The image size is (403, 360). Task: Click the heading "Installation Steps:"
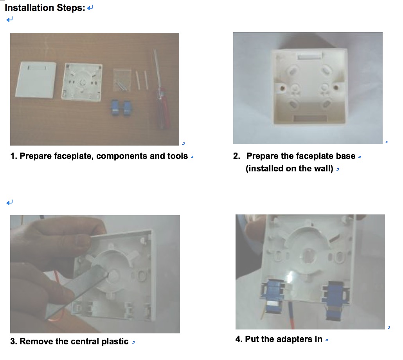point(45,8)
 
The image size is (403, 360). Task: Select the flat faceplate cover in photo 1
point(36,80)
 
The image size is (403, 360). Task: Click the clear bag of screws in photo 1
point(122,80)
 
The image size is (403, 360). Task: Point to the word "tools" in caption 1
point(178,156)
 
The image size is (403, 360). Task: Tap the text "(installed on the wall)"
point(290,169)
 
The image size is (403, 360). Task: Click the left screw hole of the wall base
point(282,88)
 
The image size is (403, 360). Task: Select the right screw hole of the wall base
point(336,88)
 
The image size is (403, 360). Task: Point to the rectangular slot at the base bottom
point(310,119)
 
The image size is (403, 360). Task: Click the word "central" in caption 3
point(85,341)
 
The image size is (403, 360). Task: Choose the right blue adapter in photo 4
point(335,299)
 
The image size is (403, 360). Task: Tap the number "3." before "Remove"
point(14,341)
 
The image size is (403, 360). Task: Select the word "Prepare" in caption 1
point(36,156)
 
